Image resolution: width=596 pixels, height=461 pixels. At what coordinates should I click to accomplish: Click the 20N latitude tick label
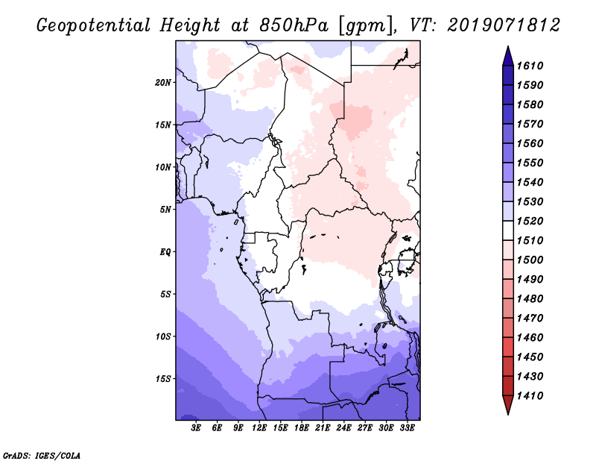pos(163,82)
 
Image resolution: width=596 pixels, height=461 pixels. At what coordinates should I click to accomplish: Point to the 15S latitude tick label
pos(163,379)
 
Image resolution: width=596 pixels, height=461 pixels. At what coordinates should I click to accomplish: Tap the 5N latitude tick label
pos(165,210)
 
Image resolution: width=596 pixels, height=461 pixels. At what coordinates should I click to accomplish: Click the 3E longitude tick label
pos(197,428)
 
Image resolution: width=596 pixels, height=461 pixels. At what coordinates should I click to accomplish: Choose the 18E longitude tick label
pos(301,428)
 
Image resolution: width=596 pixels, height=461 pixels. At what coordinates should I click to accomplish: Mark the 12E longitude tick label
pos(259,428)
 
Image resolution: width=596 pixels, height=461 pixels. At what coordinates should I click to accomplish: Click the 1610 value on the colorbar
pos(533,66)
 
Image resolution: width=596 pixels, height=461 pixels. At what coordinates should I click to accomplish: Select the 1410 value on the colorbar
pos(533,395)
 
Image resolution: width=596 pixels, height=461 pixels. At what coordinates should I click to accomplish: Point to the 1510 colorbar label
pos(533,240)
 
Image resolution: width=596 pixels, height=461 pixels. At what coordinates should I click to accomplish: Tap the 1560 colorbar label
pos(533,143)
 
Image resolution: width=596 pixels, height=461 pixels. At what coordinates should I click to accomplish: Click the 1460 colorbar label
pos(533,337)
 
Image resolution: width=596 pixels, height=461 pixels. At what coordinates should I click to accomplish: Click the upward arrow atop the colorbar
pos(507,55)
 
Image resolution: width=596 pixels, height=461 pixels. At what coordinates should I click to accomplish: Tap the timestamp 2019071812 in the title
pos(504,25)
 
